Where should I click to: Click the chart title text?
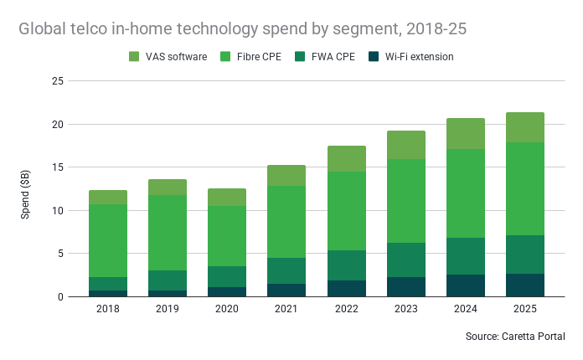(243, 28)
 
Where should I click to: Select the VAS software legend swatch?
(134, 57)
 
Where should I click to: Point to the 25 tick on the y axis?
(58, 81)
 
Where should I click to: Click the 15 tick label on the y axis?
(58, 167)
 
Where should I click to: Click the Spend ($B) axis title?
(26, 188)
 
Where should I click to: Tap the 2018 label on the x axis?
(108, 309)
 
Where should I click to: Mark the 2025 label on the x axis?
(525, 309)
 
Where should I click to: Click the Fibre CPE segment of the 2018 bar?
(108, 240)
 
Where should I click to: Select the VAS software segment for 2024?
(466, 134)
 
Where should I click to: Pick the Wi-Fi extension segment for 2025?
(525, 285)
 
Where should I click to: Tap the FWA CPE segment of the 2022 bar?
(348, 265)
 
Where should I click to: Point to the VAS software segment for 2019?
(168, 187)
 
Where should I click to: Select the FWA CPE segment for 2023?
(406, 260)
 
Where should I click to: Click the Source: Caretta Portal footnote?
(514, 336)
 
